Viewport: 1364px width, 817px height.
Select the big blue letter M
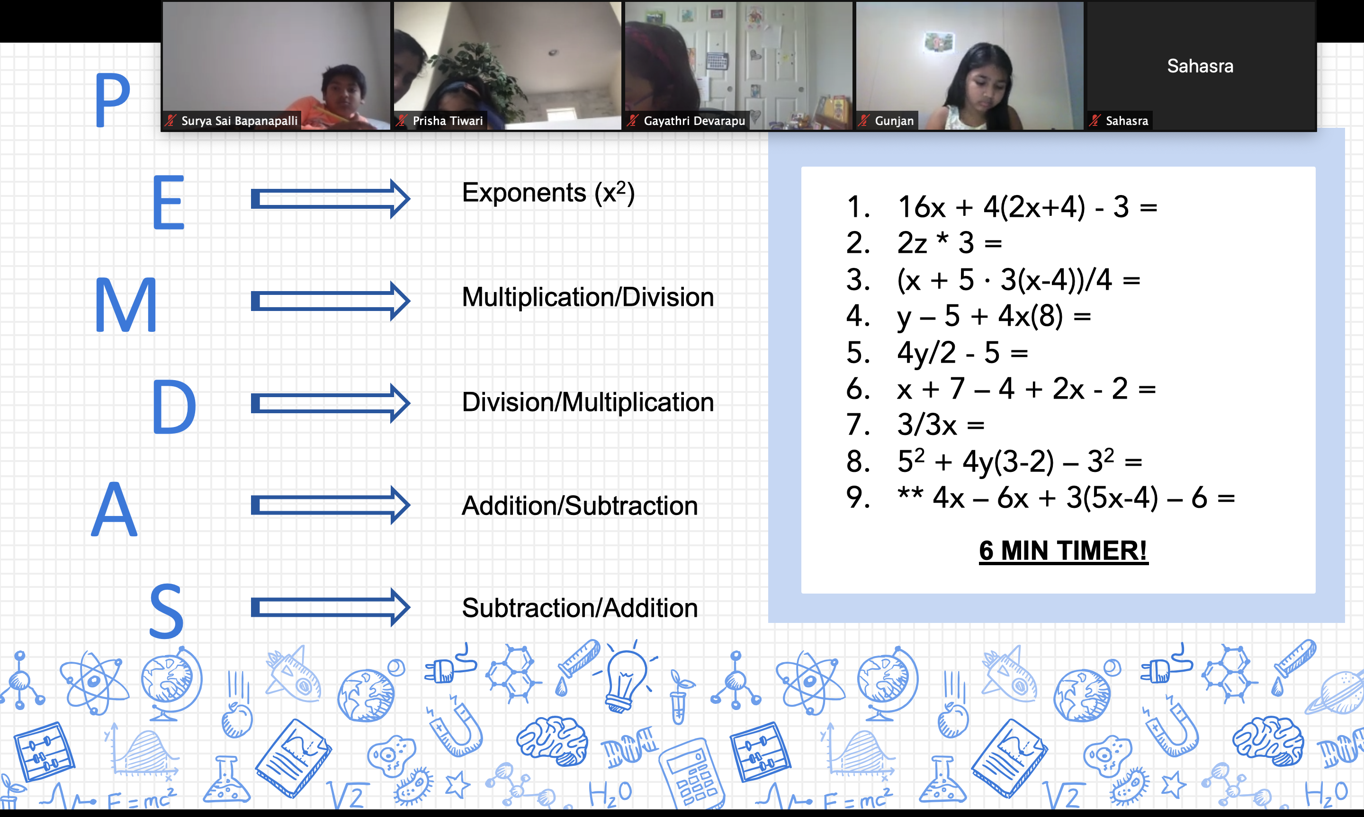coord(126,304)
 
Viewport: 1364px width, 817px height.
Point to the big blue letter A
coord(114,508)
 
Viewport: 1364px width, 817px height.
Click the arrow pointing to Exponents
coord(331,198)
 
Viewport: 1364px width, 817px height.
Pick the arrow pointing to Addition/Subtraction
coord(331,505)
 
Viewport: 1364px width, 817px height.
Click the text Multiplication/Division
coord(588,297)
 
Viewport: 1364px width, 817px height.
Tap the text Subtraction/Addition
coord(580,608)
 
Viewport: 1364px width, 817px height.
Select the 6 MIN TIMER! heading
coord(1063,551)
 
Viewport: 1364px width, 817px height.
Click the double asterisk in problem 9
coord(910,493)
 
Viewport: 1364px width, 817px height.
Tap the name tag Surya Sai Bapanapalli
coord(240,121)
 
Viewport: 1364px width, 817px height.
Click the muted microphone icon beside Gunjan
coord(863,121)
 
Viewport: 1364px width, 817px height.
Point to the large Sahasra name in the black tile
coord(1200,66)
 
